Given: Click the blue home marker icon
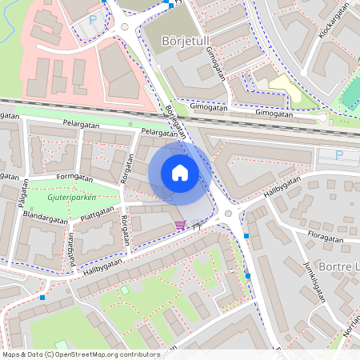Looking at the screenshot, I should [180, 173].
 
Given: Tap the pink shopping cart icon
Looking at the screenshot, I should [180, 225].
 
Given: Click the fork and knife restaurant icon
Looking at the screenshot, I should [194, 225].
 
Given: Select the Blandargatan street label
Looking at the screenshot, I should [46, 215].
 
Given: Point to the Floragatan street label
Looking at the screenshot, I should [330, 238].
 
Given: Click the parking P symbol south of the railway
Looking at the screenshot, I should [338, 154].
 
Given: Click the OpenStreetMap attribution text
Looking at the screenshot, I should [80, 354].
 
